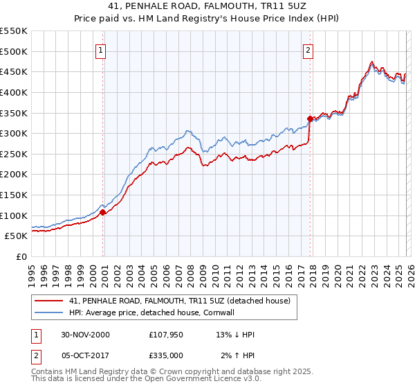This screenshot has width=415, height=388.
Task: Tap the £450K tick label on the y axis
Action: point(14,71)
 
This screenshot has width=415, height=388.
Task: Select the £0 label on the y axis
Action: point(21,256)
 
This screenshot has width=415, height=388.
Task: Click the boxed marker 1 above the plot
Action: point(101,50)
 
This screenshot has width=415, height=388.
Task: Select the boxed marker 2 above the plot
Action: point(307,50)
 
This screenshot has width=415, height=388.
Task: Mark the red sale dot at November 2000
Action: point(103,213)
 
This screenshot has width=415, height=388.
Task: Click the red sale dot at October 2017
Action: point(309,118)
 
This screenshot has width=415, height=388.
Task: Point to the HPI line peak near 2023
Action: point(372,62)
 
